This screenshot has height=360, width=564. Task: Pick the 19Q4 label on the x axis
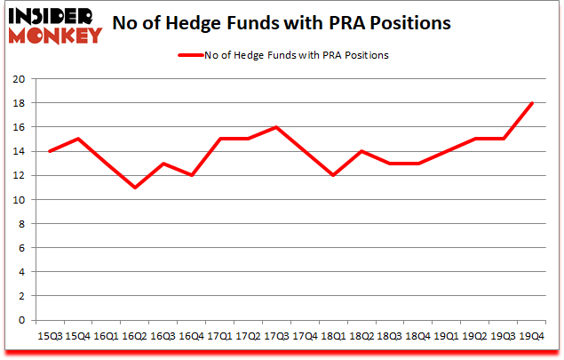coord(532,337)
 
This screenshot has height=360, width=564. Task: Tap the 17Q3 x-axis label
coord(276,337)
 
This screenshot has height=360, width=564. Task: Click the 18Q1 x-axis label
coord(333,337)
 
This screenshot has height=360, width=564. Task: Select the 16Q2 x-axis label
coord(133,337)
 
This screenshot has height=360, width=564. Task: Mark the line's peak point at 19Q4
coord(532,103)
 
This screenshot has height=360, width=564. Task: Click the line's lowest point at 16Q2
coord(133,188)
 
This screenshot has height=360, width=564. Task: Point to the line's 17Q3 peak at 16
coord(276,127)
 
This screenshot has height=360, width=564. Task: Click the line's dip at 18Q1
coord(333,175)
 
